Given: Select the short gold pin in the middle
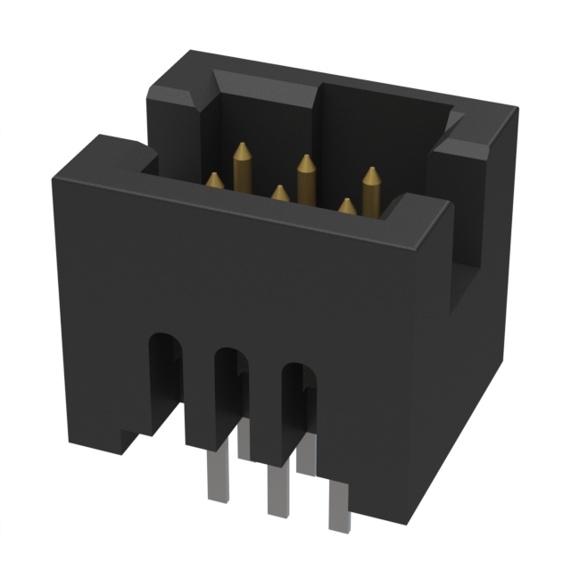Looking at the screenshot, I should [280, 194].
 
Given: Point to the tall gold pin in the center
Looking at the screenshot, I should [305, 183].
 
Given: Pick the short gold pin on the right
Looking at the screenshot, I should [346, 206].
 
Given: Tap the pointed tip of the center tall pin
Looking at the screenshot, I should [305, 159].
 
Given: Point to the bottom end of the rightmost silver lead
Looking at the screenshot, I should [339, 527].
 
